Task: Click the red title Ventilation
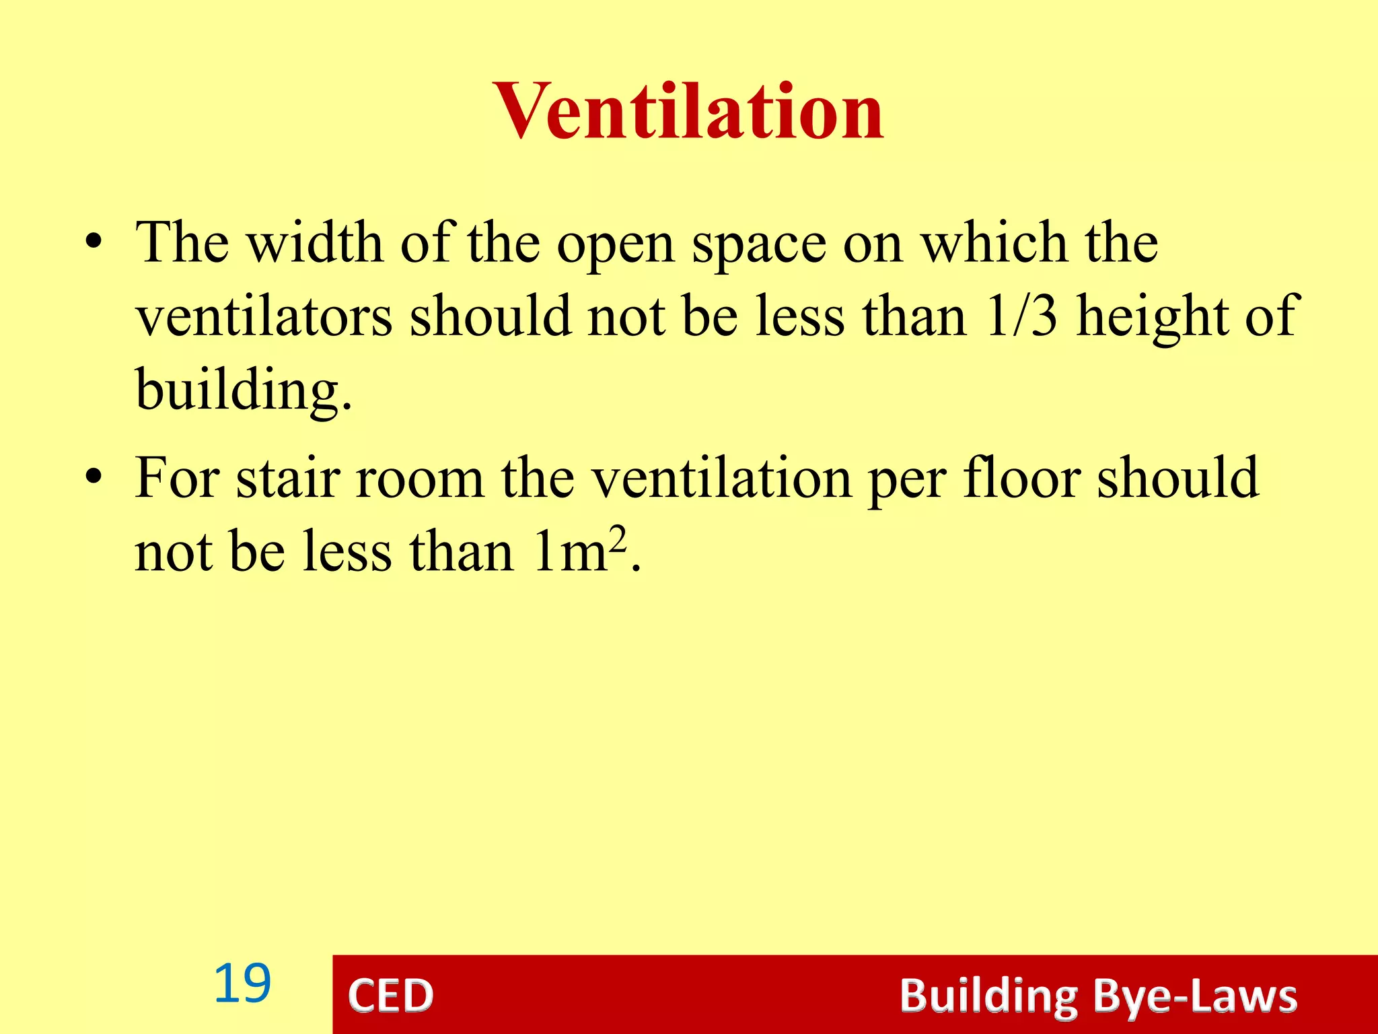[688, 112]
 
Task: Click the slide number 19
[242, 984]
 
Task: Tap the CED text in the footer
[391, 996]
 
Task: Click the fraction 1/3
[1021, 316]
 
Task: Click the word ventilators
[264, 316]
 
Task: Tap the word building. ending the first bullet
[244, 390]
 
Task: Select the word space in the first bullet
[759, 244]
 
